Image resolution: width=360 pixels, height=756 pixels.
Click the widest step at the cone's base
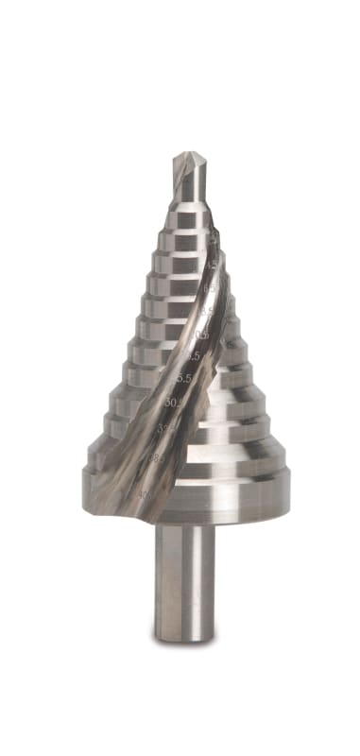189,496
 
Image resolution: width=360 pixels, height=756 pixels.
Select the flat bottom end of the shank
184,640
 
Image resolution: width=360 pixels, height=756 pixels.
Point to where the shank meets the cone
184,525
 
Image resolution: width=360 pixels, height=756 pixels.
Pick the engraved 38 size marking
156,458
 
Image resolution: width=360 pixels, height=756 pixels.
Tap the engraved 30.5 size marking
174,403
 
